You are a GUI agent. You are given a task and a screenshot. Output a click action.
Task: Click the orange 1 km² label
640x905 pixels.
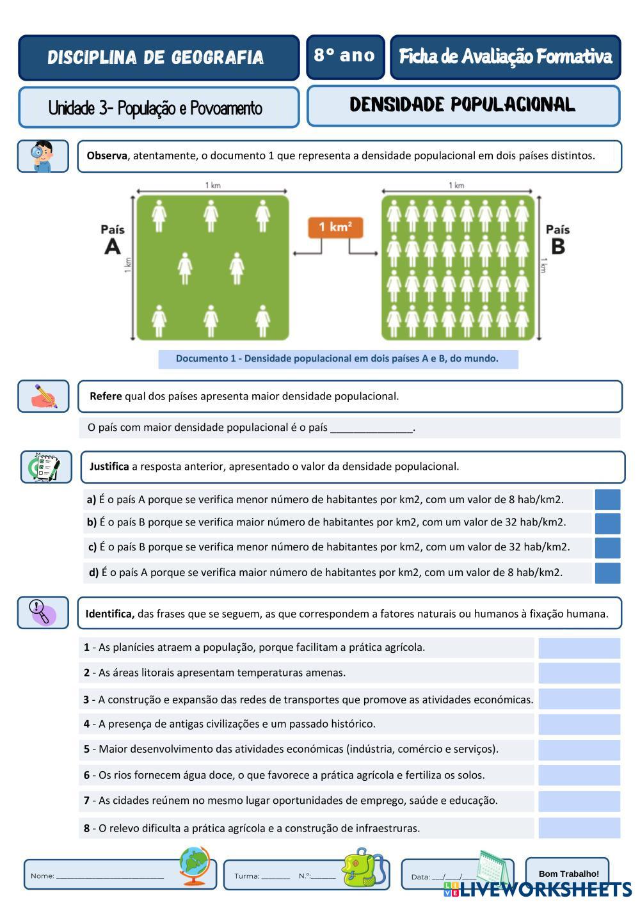pyautogui.click(x=335, y=227)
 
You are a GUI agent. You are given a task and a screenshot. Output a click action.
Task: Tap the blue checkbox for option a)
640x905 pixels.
pyautogui.click(x=607, y=499)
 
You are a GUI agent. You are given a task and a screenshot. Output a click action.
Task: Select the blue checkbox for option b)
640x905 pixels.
pyautogui.click(x=607, y=523)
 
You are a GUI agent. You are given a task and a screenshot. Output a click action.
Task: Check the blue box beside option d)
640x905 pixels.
pyautogui.click(x=607, y=573)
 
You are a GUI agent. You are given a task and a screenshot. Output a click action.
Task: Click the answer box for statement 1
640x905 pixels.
pyautogui.click(x=579, y=648)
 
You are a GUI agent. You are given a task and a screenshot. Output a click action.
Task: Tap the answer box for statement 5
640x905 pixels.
pyautogui.click(x=579, y=749)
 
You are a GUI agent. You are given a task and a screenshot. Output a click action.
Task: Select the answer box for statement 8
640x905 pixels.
pyautogui.click(x=579, y=828)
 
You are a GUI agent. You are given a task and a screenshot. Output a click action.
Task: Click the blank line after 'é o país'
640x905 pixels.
pyautogui.click(x=371, y=428)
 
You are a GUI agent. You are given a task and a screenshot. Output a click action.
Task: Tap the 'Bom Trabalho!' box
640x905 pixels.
pyautogui.click(x=568, y=873)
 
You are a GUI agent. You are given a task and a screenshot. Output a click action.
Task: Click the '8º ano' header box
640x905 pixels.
pyautogui.click(x=345, y=56)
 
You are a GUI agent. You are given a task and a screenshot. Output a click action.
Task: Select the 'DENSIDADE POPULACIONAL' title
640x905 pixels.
pyautogui.click(x=463, y=105)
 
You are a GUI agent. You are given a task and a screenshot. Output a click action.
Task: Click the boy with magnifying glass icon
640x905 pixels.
pyautogui.click(x=43, y=156)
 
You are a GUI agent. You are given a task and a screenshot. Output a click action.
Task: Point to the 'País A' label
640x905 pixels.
pyautogui.click(x=112, y=239)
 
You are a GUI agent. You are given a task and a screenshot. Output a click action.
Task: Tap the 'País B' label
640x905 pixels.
pyautogui.click(x=557, y=239)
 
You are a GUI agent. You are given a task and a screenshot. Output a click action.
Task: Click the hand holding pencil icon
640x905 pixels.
pyautogui.click(x=44, y=396)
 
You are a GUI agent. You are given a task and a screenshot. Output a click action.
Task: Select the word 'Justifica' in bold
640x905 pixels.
pyautogui.click(x=109, y=467)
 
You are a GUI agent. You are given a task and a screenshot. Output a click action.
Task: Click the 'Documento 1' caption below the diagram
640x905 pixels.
pyautogui.click(x=337, y=359)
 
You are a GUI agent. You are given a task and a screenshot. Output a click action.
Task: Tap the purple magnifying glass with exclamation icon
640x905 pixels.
pyautogui.click(x=42, y=613)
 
